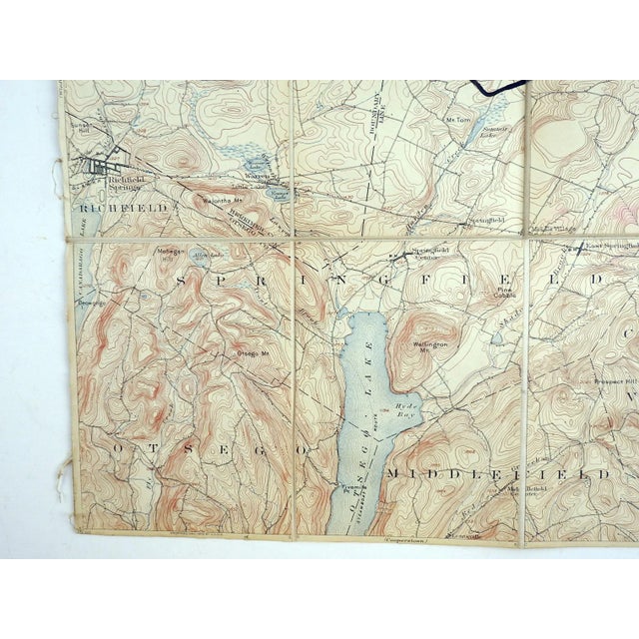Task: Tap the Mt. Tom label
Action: (456, 119)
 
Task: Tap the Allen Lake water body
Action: (203, 257)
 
